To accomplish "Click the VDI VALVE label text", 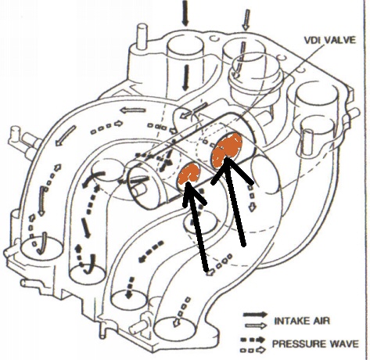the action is click(x=330, y=40).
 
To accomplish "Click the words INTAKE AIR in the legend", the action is click(x=302, y=321).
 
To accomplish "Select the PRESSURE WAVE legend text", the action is click(x=315, y=344).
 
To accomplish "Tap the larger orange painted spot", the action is click(x=227, y=150).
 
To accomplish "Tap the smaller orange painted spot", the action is click(x=189, y=173).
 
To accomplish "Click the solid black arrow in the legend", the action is click(x=255, y=315).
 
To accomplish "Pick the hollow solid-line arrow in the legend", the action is click(x=255, y=325).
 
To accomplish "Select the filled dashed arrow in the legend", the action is click(x=253, y=340).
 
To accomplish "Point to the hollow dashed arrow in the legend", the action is click(x=253, y=350).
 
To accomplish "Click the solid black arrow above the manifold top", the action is click(x=185, y=13).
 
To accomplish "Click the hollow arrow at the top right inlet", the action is click(x=246, y=20).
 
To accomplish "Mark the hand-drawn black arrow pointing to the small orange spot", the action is click(x=196, y=225).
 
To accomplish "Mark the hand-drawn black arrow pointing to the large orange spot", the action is click(x=232, y=201).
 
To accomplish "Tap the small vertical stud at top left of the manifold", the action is click(x=142, y=36).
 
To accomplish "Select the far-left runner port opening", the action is click(x=41, y=249).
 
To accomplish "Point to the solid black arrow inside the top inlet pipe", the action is click(x=185, y=77).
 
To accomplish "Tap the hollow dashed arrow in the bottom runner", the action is click(x=181, y=311).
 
